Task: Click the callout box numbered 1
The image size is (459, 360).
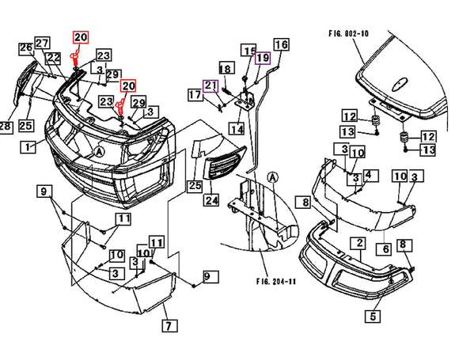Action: [28, 147]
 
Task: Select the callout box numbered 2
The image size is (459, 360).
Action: [360, 244]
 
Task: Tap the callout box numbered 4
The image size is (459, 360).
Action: [368, 176]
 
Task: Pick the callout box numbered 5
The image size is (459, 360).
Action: [373, 316]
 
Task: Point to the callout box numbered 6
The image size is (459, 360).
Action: [386, 249]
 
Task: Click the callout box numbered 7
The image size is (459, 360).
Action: [169, 326]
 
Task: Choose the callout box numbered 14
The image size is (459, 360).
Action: [237, 128]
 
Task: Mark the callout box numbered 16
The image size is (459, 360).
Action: [282, 45]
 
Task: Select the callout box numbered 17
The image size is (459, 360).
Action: [195, 95]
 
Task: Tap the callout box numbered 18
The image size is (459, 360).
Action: [227, 68]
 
